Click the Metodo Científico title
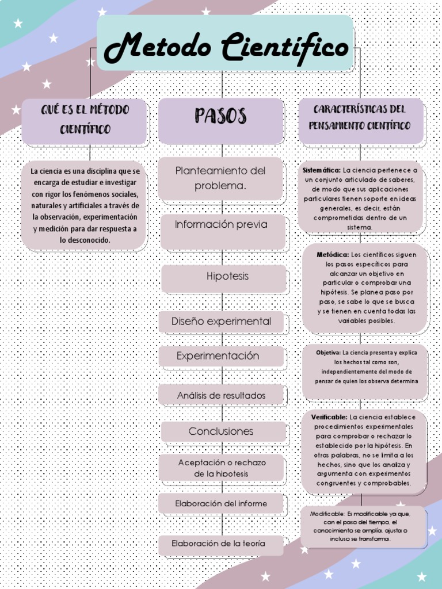point(226,48)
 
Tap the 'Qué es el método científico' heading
point(85,119)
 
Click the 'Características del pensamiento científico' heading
point(360,117)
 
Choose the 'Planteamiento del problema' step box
point(221,178)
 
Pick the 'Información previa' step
point(222,225)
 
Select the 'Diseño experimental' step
point(222,322)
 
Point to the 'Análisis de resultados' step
point(222,396)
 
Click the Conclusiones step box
point(221,431)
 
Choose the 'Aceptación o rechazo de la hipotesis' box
point(222,468)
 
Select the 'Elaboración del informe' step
point(222,504)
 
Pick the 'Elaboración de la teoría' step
point(219,544)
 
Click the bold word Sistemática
point(321,170)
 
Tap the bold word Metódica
point(332,254)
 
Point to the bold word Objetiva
point(328,353)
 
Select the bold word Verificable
point(329,417)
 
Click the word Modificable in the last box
point(327,513)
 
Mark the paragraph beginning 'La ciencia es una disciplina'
point(85,205)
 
